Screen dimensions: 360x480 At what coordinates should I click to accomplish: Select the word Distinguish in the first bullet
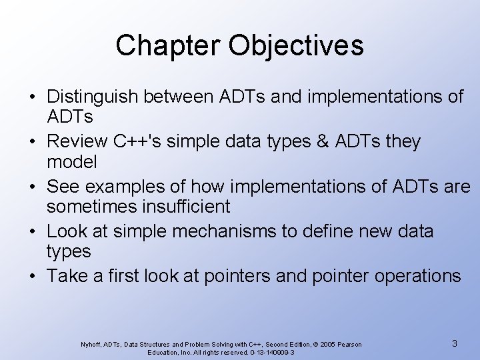tap(95, 98)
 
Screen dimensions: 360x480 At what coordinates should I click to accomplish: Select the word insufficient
tap(188, 207)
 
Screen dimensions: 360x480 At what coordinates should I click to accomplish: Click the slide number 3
tap(454, 343)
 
